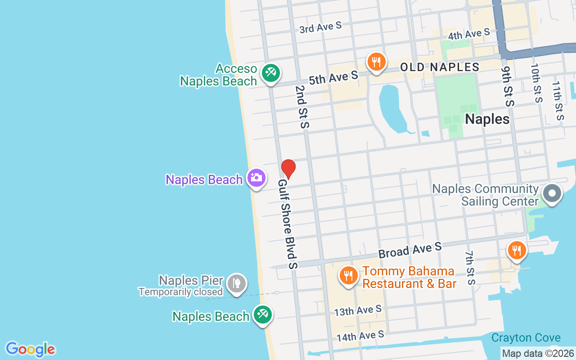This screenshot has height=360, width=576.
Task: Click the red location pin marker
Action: tap(288, 169)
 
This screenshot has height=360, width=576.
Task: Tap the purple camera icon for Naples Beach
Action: tap(256, 178)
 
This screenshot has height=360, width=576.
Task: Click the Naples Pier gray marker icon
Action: tap(237, 283)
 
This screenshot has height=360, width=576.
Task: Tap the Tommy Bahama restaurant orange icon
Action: tap(348, 275)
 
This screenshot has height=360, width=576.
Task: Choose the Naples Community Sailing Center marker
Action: tap(552, 194)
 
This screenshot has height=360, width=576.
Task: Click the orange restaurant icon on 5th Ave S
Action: tap(376, 62)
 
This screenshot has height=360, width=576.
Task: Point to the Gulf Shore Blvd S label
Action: tap(288, 224)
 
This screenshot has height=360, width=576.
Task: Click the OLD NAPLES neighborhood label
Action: tap(440, 67)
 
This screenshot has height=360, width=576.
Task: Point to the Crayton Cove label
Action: tap(526, 337)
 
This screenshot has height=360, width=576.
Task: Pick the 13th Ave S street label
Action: tap(358, 310)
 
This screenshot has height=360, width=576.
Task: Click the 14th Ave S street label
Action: tap(360, 336)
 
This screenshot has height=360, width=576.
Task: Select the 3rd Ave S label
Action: tap(320, 27)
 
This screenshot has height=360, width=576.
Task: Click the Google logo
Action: tap(30, 349)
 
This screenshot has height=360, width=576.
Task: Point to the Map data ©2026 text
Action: tap(538, 354)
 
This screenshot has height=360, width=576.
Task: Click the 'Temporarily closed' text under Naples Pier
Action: tap(180, 292)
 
